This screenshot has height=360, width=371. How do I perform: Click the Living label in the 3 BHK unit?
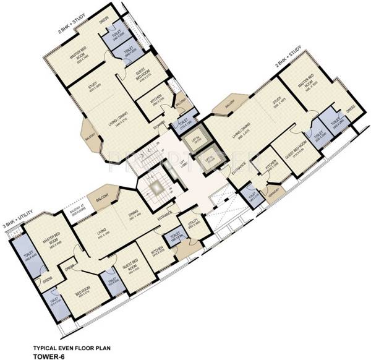101,233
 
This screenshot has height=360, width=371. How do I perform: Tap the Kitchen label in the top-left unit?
148,101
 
